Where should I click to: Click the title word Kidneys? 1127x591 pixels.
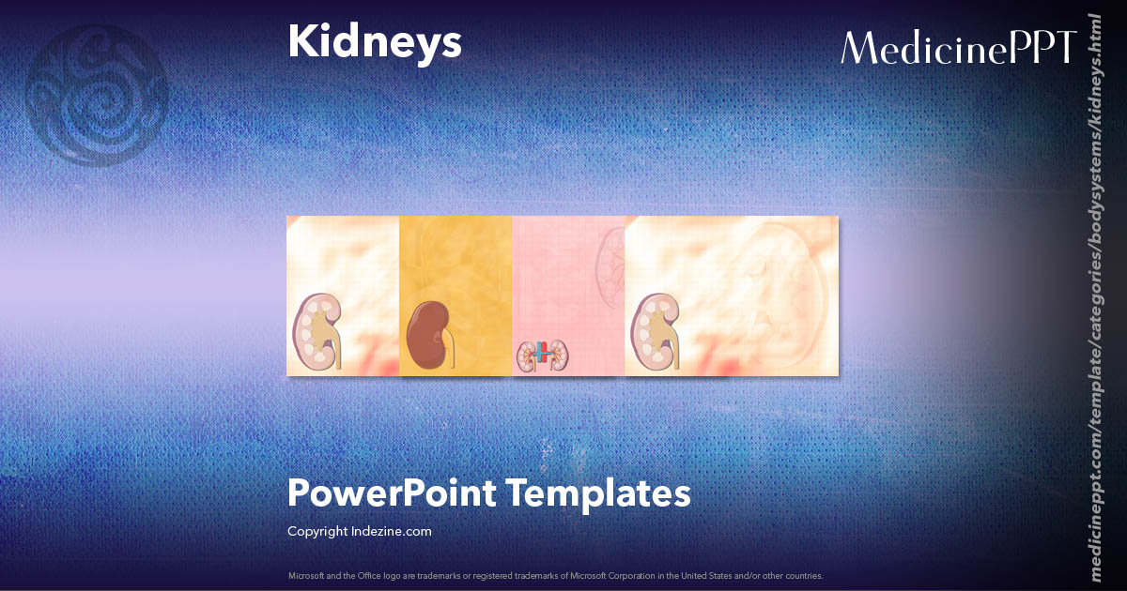coord(374,43)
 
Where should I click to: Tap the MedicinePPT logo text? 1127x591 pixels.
coord(957,48)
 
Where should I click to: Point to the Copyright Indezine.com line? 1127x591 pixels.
coord(360,531)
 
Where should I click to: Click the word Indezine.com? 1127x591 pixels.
coord(391,531)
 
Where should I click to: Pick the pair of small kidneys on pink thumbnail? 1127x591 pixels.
coord(542,355)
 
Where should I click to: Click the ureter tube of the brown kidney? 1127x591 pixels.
coord(452,353)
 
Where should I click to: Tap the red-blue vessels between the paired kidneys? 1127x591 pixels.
coord(542,355)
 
